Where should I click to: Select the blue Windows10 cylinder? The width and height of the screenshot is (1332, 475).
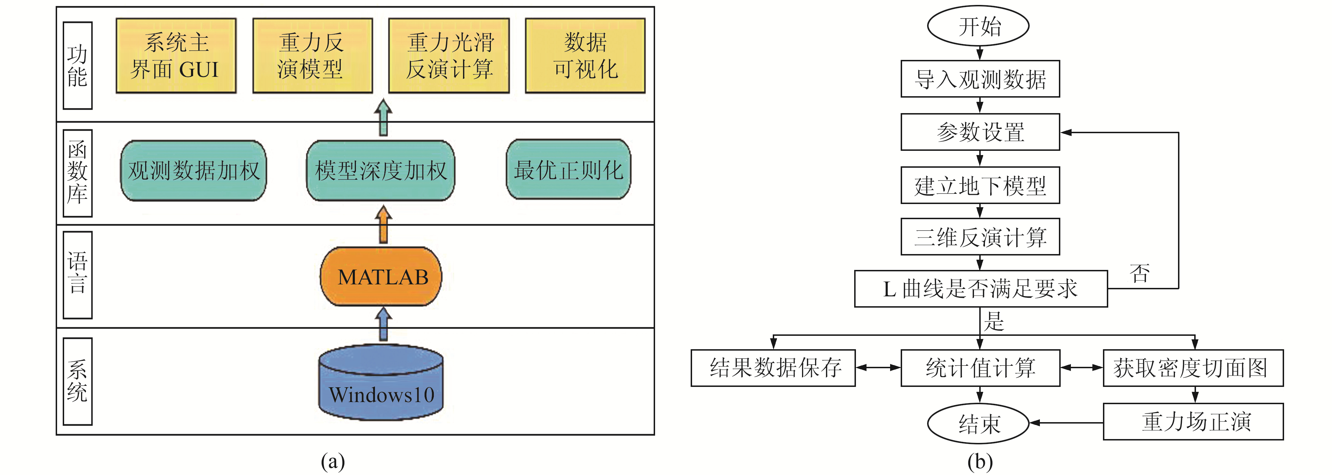click(381, 382)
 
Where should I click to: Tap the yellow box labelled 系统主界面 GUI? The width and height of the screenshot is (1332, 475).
click(176, 56)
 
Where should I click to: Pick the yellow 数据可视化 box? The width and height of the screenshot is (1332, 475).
click(585, 56)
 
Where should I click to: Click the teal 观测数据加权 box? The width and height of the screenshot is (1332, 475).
click(193, 171)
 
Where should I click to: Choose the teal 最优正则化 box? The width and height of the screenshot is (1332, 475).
click(568, 169)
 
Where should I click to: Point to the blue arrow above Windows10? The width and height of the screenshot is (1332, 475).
click(383, 325)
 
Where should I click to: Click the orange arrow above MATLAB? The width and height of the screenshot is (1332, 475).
click(383, 224)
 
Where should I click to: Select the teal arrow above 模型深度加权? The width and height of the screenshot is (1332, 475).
click(383, 118)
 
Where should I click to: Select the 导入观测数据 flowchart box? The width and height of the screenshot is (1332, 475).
click(980, 79)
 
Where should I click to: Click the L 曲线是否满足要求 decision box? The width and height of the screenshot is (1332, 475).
click(980, 288)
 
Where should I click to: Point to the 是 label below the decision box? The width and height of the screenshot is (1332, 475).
click(994, 321)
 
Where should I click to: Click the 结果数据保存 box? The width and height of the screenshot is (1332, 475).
click(773, 368)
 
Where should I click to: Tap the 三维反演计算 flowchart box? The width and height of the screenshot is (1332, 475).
click(980, 237)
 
